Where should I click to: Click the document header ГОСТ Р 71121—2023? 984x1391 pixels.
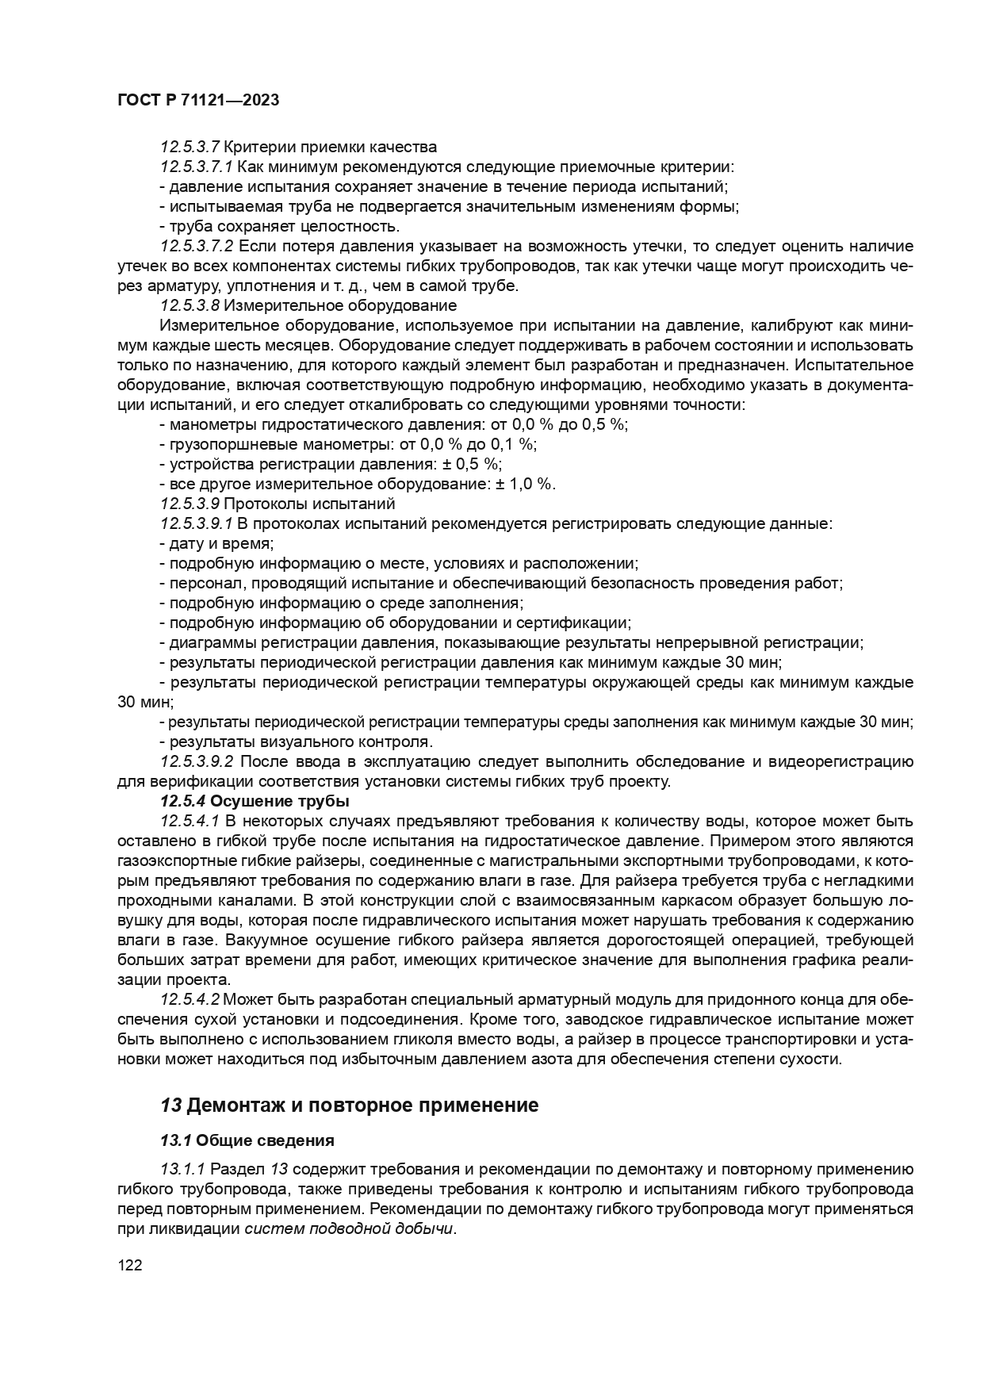[197, 101]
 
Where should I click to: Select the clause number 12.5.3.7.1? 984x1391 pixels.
[196, 167]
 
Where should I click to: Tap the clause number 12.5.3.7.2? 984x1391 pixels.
[196, 246]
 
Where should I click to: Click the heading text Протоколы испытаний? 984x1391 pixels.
[309, 504]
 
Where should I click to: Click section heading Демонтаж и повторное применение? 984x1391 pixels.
[362, 1106]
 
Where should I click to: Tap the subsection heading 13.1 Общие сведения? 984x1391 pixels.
[247, 1140]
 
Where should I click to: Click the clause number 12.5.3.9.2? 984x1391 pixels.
[196, 761]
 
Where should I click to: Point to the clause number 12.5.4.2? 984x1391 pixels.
[189, 998]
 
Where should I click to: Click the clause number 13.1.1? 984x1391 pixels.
[182, 1170]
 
